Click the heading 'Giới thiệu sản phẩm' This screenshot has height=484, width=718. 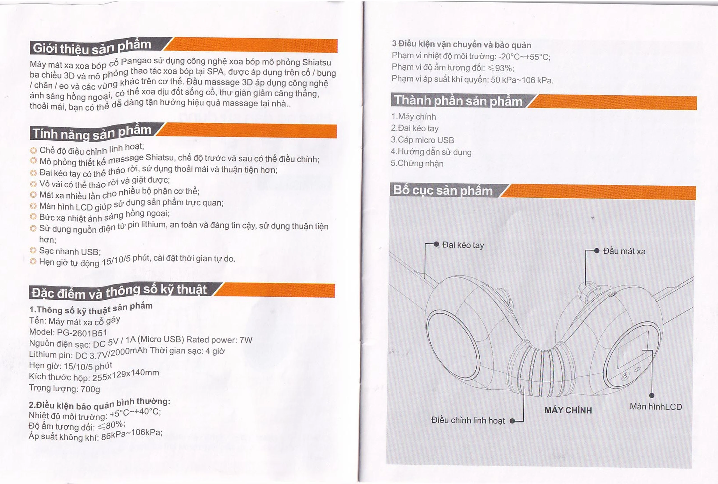[92, 48]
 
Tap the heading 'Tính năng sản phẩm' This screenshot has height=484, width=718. [92, 133]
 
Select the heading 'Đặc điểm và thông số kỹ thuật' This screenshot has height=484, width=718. [119, 291]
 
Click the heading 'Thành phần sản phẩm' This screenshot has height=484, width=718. [458, 101]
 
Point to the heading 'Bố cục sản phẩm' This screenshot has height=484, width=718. [443, 190]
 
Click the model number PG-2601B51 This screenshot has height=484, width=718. [82, 333]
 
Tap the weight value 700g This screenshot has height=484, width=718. [90, 389]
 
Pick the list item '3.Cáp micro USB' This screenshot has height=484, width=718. [422, 140]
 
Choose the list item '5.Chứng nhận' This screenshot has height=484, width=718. [417, 163]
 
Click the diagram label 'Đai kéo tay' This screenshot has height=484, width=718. [463, 245]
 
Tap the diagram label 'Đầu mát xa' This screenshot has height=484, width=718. [624, 251]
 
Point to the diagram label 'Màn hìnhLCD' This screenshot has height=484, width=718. [656, 407]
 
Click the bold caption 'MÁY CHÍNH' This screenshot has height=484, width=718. [568, 410]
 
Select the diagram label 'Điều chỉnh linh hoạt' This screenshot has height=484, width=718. [468, 420]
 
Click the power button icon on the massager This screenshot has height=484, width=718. [625, 376]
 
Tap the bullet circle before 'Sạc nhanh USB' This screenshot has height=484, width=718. [33, 250]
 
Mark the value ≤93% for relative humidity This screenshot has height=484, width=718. [500, 68]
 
